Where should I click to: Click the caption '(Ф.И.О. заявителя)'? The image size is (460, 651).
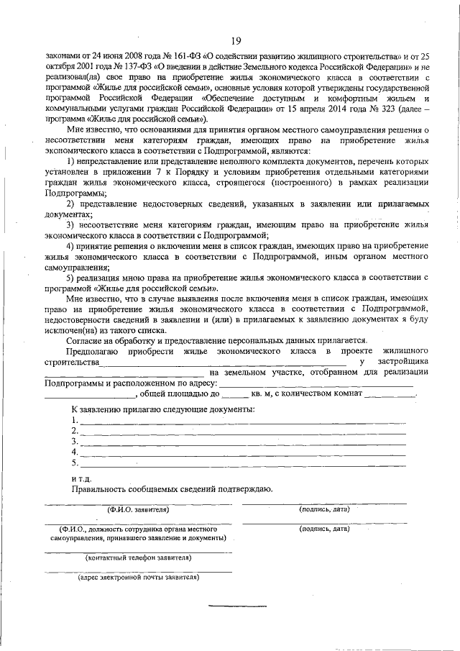coord(138,509)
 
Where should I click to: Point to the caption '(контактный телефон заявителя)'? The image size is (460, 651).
coord(138,557)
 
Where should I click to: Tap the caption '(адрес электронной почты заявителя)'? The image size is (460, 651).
coord(138,577)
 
